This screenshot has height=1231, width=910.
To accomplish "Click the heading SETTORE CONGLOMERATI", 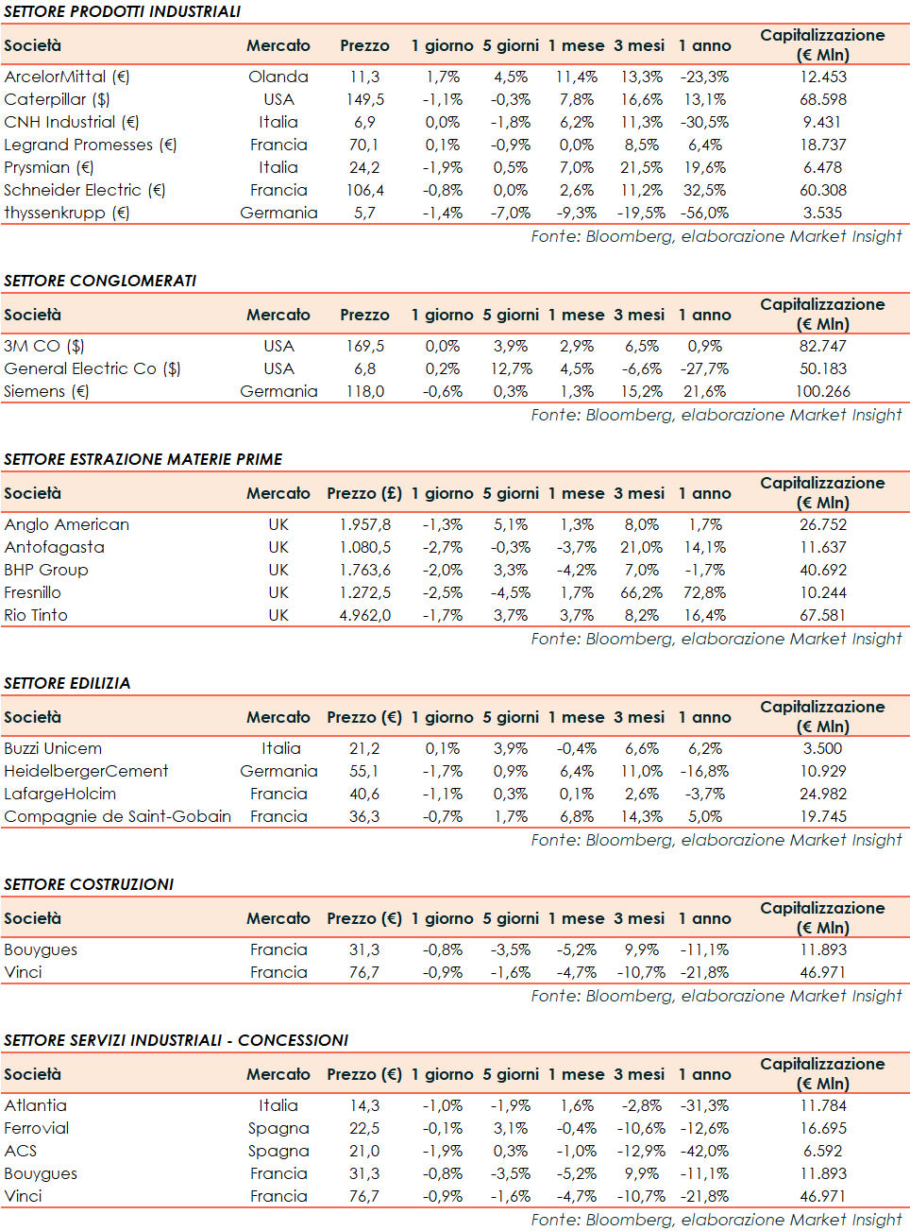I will (100, 281).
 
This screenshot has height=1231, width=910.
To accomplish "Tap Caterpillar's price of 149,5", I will (364, 99).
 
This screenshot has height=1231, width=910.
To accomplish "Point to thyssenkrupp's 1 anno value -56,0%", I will (704, 213).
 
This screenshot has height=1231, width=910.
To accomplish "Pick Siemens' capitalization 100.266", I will (823, 391).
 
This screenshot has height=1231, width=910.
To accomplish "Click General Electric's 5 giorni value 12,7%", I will (511, 368).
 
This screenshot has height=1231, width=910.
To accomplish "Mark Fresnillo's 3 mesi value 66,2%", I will (641, 592).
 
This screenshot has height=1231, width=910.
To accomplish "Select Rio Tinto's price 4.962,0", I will (364, 615).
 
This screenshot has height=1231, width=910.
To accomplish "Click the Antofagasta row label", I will (55, 547).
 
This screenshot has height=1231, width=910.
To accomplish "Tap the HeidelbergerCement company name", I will (86, 771).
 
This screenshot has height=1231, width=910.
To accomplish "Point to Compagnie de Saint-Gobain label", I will (117, 816).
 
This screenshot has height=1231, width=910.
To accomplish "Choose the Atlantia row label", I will (36, 1105).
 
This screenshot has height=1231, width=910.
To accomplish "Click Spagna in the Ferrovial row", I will (278, 1128).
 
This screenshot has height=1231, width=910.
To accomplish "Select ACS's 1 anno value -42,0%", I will (704, 1151).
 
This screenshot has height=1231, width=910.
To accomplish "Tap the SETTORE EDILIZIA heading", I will (67, 683).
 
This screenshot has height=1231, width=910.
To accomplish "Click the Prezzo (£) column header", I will (364, 493).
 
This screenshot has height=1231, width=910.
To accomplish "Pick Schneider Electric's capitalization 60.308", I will (823, 190).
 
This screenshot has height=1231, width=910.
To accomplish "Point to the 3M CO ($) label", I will (44, 346).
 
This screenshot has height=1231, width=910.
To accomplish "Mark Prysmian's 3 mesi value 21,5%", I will (641, 167).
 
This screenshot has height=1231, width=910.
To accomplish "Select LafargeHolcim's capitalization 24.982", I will (823, 794).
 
